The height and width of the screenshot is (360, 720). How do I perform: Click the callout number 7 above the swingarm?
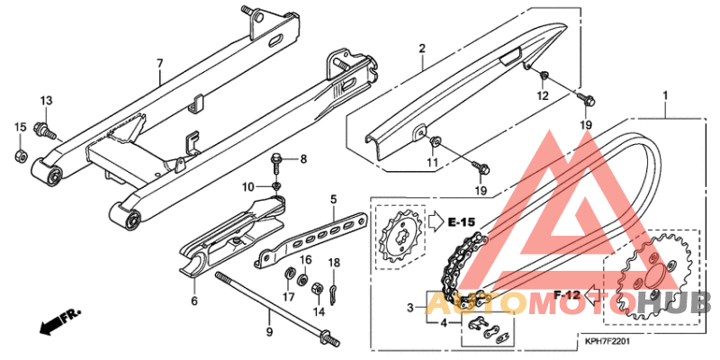coord(159,63)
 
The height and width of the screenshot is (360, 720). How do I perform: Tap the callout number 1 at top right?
coord(665,95)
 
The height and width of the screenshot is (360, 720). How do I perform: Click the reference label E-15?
coord(463,220)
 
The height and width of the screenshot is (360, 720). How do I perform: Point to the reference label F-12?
coord(566,294)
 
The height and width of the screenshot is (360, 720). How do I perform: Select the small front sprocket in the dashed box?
coord(398,237)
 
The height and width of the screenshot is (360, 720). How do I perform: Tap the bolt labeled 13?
coord(42,131)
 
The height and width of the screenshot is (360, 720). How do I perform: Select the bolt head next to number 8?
coord(277,160)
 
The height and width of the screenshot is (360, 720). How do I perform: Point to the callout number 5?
coord(332,199)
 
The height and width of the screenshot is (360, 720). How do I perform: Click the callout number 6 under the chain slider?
coord(193,301)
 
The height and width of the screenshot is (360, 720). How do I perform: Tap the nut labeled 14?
coord(317,289)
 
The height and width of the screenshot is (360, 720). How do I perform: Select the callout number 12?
coord(543,95)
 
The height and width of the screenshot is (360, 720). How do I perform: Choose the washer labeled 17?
coord(290,274)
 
